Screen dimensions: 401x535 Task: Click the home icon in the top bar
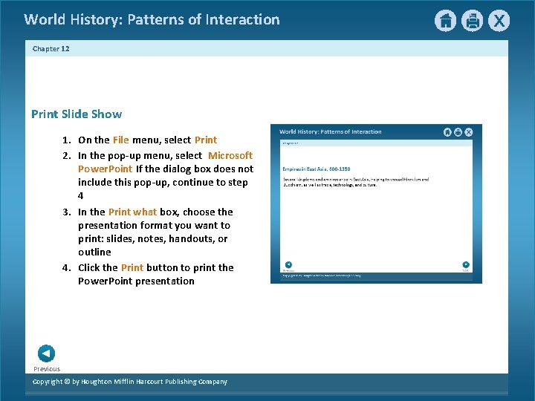[445, 21]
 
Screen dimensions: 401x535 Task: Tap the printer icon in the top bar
[472, 21]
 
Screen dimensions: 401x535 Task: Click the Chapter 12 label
[51, 48]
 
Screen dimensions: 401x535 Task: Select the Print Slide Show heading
[77, 114]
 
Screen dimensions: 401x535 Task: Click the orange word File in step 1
[120, 140]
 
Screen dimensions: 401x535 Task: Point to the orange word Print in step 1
[206, 140]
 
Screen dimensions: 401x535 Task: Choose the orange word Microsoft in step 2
[230, 155]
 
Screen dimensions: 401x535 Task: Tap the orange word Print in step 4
[132, 267]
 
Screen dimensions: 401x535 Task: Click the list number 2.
[66, 155]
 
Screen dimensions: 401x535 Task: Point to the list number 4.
[66, 267]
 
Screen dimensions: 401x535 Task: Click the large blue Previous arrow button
[45, 353]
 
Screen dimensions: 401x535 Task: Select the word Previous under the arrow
[47, 368]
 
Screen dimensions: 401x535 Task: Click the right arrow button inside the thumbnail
[465, 264]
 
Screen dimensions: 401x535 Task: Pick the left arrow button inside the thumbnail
[288, 264]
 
